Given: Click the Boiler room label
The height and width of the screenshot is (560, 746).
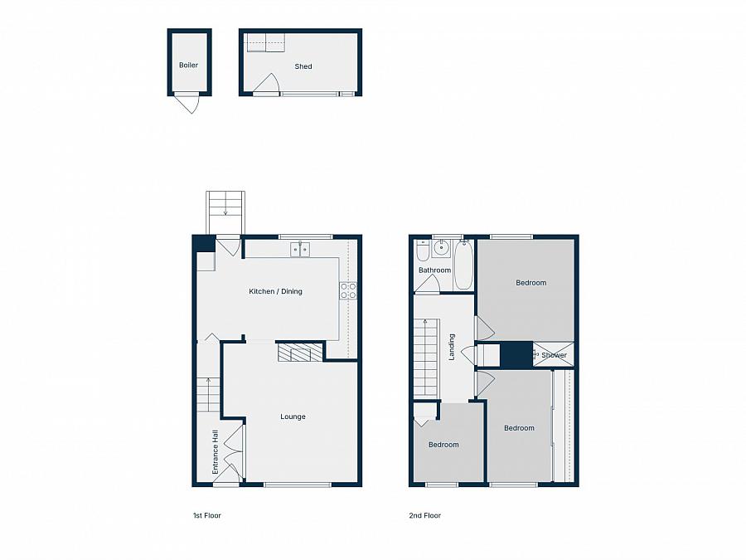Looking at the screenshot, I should point(189,65).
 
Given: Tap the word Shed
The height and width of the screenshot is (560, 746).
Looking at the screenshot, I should point(303,66).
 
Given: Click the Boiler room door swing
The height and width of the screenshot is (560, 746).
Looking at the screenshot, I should point(189,104).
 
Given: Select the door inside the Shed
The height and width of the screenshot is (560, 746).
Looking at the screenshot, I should point(267,85).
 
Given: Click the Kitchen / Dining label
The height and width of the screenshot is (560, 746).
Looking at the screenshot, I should point(276,291).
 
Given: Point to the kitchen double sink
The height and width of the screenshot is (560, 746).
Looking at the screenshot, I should point(300,248).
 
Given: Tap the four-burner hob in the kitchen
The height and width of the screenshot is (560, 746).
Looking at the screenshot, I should point(348,290).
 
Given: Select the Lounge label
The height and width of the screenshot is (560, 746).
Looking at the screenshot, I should point(293,416).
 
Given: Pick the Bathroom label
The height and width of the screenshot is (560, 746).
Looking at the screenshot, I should point(434,270).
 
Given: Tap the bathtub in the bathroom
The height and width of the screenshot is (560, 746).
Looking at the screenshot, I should point(463,265).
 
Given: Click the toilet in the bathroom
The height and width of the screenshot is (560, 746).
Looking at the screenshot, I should point(423,250).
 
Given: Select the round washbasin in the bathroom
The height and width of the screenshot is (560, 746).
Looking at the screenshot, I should point(442,246).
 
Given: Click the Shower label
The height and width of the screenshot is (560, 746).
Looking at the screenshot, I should point(554,355).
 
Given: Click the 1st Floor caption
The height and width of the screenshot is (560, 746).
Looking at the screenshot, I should point(207,515).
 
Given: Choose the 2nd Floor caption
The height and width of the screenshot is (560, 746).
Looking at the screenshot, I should point(425,515).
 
